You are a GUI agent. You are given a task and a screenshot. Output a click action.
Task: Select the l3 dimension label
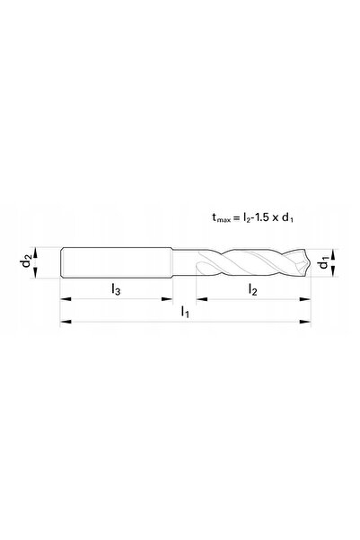point(116,289)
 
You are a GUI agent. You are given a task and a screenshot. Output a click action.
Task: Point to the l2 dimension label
point(252,289)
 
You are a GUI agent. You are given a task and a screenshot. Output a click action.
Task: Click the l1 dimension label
point(185,312)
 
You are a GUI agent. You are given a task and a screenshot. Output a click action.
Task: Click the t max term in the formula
point(222,217)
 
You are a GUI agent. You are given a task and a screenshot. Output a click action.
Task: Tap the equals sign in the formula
point(236,217)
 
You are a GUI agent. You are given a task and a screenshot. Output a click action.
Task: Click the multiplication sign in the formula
point(275,218)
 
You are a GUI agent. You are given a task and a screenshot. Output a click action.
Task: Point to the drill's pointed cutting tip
point(309,262)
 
